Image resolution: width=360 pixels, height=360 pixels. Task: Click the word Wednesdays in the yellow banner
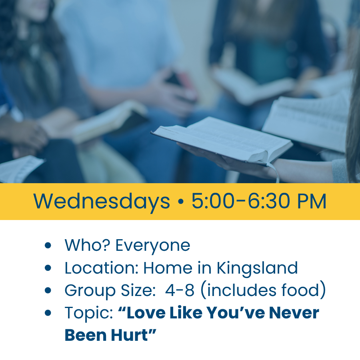(x=102, y=202)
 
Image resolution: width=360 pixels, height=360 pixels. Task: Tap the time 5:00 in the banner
(x=213, y=201)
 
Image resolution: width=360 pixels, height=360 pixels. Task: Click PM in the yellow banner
(x=312, y=201)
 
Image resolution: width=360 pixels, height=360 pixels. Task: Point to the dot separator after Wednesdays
(x=181, y=201)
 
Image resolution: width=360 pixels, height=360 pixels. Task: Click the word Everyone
(x=153, y=246)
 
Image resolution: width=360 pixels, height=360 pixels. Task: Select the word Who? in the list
(x=87, y=245)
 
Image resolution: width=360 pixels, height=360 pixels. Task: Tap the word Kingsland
(x=257, y=268)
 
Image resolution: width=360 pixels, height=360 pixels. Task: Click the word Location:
(x=101, y=268)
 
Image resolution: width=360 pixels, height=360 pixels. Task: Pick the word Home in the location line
(x=168, y=268)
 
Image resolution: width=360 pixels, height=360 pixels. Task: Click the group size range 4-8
(x=180, y=290)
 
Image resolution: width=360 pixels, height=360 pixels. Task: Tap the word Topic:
(x=89, y=313)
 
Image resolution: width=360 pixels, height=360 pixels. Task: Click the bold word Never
(x=294, y=313)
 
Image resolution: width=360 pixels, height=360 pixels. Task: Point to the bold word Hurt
(x=129, y=335)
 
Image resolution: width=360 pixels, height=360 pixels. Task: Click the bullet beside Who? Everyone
(x=48, y=245)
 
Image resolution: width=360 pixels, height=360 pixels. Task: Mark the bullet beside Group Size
(x=48, y=290)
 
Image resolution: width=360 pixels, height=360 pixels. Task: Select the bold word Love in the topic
(x=146, y=313)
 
